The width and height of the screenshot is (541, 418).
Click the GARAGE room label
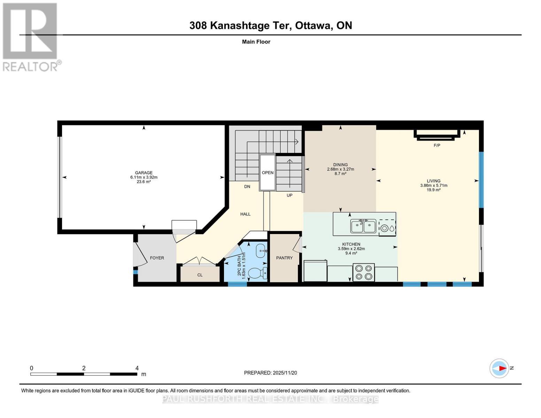(144, 172)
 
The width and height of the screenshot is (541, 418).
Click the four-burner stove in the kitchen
(363, 272)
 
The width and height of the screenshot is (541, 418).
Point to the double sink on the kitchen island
(363, 226)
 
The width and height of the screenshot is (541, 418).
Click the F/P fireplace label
(437, 145)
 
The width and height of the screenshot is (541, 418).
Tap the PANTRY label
(284, 258)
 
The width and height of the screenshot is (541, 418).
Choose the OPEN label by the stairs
(268, 172)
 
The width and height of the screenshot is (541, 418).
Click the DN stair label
(247, 186)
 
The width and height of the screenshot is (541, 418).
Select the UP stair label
(289, 195)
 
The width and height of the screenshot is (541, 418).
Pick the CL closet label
(200, 275)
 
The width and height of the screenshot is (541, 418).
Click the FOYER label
(157, 258)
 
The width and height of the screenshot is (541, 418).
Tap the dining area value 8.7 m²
(340, 174)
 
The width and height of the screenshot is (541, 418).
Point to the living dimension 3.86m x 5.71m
(434, 185)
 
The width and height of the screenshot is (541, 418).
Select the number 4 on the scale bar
(137, 368)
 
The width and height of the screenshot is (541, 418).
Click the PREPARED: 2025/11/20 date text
(270, 373)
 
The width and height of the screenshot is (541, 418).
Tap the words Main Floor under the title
(256, 42)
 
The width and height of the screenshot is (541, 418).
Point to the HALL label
(245, 214)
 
